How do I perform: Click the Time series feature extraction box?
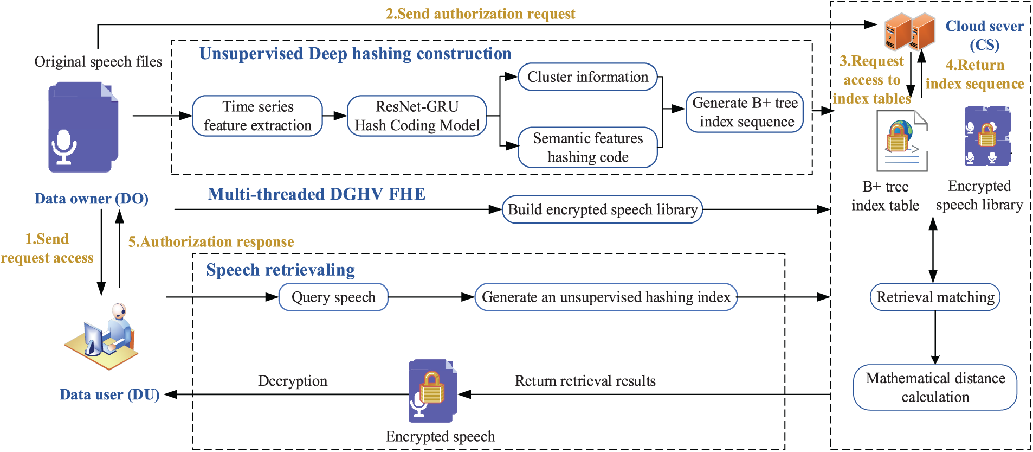257,116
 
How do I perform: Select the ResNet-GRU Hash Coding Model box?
417,116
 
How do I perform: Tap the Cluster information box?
587,77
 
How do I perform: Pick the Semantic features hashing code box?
587,148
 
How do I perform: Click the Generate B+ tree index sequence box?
745,112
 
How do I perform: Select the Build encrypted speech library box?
602,209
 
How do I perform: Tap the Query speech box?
333,297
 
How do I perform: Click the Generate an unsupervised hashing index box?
606,297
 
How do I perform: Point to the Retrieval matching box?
935,297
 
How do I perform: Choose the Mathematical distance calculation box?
935,387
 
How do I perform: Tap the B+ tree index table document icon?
901,141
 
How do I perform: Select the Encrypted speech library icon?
987,136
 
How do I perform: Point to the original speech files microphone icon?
83,128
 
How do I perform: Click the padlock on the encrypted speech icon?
432,388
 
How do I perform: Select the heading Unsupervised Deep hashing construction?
355,54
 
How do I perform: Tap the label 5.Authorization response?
211,241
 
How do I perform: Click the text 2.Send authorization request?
480,14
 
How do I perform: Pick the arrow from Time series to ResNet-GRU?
335,116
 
